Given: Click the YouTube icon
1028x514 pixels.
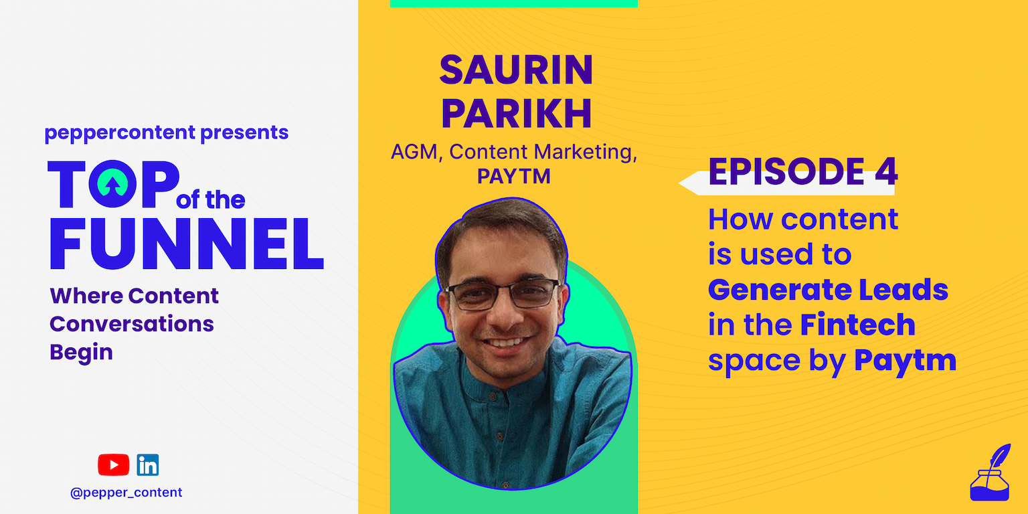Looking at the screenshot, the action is (113, 464).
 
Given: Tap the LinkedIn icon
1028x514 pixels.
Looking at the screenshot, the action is (148, 465).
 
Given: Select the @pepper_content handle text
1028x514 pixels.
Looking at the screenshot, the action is (126, 493).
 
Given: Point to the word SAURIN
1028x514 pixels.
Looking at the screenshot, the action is (516, 70).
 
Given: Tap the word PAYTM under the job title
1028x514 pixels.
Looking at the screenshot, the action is (513, 177).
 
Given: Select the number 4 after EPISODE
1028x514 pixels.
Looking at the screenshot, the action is (886, 171).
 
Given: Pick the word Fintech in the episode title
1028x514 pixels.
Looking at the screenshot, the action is (858, 325).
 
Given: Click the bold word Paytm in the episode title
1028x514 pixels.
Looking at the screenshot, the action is (905, 361).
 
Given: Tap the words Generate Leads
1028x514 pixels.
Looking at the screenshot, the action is (828, 290).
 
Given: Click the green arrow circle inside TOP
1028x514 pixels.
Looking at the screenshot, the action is (112, 183).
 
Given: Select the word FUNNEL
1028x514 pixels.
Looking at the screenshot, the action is (186, 244).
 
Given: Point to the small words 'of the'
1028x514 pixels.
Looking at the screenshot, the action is (211, 200).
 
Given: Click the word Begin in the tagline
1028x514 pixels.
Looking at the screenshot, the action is (81, 353).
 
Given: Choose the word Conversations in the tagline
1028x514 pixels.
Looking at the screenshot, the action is (132, 324).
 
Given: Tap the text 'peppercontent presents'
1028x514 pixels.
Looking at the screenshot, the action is (167, 133).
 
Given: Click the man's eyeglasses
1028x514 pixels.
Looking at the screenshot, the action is (503, 294).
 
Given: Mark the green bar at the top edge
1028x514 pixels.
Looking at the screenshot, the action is (513, 3).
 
